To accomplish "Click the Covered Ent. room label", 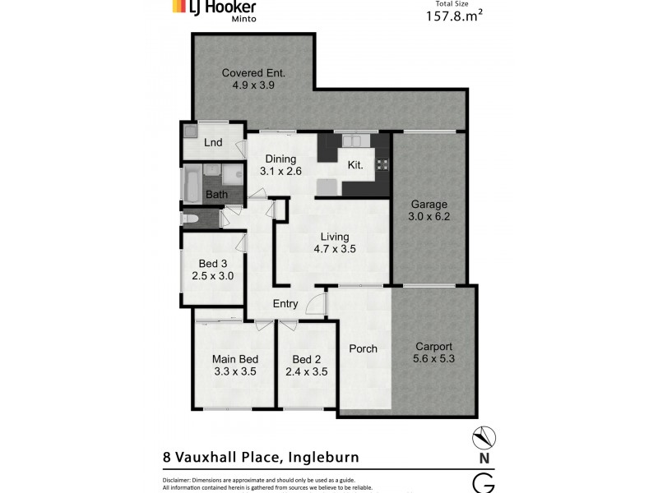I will pos(253,73).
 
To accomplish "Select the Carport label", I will pos(433,346).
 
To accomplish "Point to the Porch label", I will pos(363,348).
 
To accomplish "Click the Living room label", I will pos(335,237).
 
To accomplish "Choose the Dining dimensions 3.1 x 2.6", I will pos(281,172).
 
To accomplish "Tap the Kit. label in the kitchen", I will pos(355,165).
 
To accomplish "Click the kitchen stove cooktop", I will pos(382,165).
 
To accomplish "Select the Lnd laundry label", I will pos(213,143).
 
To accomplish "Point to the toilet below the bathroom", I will pos(192,219).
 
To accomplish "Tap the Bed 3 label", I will pos(213,263).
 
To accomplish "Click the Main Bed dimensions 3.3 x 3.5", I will pos(235,371).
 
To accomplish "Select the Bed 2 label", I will pos(306,359).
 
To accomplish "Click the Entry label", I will pos(285,304).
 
